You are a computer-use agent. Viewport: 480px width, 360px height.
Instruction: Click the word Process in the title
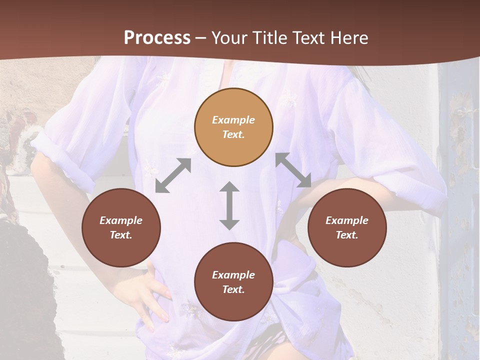coord(157,38)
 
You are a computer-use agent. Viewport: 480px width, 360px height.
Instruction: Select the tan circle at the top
coord(233,127)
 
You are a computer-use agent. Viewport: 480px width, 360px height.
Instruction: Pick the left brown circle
coord(121,227)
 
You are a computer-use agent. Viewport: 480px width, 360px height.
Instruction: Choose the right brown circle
coord(347,227)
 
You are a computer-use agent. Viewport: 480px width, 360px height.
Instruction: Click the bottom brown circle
coord(233,282)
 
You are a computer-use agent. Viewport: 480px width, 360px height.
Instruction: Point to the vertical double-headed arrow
coord(229,205)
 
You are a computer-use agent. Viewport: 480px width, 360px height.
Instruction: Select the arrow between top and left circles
coord(173,175)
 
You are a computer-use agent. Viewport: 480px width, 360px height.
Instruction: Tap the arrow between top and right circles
coord(293,170)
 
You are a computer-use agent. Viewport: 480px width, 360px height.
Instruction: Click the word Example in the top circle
coord(233,120)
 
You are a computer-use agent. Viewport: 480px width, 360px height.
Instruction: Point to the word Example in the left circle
coord(121,220)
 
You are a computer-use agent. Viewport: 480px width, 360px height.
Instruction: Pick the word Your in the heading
coord(228,38)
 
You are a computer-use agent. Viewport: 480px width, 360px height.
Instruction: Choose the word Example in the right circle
coord(347,220)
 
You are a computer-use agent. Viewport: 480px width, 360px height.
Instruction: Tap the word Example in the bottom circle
coord(233,275)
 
